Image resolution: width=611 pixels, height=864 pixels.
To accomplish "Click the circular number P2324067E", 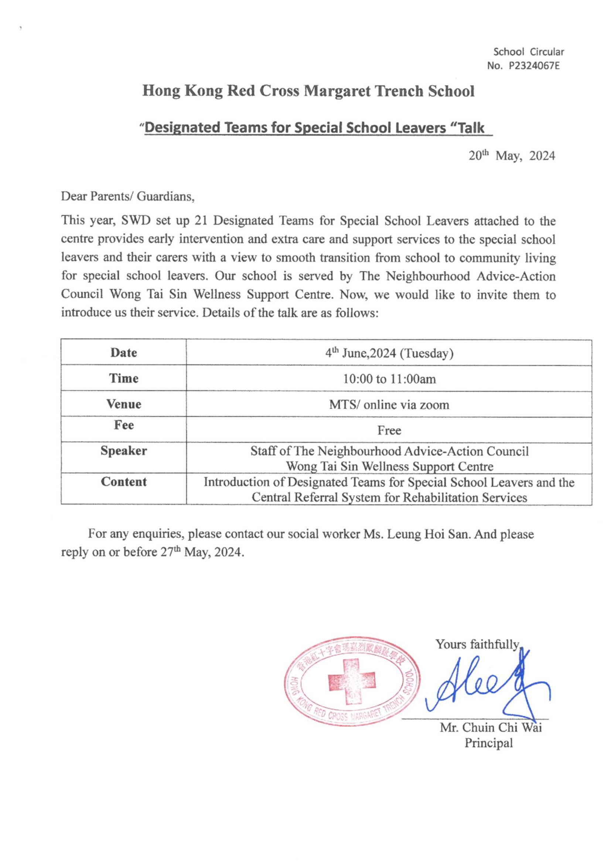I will [534, 66].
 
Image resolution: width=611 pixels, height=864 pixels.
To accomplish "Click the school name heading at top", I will [308, 91].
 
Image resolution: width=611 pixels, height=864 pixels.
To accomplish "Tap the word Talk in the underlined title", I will [471, 127].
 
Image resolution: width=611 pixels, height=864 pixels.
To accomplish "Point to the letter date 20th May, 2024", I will [512, 156].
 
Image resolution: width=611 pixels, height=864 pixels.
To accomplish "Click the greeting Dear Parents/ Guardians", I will [128, 197].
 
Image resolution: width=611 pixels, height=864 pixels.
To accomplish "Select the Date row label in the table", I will [123, 353].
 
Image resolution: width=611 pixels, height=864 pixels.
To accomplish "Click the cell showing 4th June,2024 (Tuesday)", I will [389, 353].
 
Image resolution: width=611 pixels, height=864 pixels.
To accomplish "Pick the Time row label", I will [123, 378].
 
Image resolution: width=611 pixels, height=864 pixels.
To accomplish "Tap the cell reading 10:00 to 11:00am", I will [389, 379].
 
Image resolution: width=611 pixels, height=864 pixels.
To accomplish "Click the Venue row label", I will [123, 404].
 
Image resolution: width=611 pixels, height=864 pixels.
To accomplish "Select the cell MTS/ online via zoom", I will [389, 405].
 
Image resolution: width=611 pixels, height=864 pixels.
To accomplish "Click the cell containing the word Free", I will [389, 430].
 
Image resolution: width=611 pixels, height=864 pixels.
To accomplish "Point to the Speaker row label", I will [123, 450].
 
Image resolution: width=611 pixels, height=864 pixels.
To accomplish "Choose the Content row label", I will [123, 482].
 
